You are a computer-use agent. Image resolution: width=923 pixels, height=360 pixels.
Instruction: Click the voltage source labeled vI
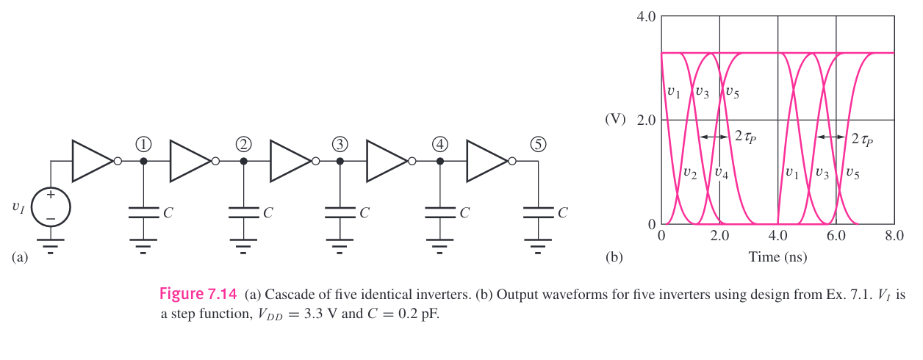click(50, 207)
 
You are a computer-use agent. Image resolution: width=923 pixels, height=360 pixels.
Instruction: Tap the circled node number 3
click(340, 143)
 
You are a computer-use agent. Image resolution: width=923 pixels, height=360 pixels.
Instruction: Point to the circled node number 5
click(539, 143)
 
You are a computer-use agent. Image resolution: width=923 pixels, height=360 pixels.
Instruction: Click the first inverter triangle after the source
click(92, 161)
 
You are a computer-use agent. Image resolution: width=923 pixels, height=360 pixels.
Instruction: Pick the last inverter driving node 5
click(486, 161)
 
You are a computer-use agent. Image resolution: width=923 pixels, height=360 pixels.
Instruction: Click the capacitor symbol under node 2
click(243, 212)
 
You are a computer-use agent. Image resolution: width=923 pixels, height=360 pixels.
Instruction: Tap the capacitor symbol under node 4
click(439, 212)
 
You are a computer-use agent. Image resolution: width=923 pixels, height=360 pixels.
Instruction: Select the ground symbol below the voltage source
click(50, 244)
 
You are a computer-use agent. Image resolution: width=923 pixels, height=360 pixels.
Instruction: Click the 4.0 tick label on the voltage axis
click(646, 15)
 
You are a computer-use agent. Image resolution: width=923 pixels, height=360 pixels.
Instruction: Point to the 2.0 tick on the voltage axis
click(646, 120)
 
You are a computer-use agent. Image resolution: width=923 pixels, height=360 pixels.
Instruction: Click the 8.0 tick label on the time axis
click(894, 236)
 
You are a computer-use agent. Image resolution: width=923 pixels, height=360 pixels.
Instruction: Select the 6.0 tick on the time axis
click(836, 236)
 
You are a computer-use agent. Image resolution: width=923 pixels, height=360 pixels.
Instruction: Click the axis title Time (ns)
click(776, 256)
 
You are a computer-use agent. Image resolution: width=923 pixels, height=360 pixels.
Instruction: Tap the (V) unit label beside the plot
click(615, 120)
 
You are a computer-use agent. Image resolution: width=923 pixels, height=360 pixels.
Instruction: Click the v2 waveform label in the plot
click(690, 173)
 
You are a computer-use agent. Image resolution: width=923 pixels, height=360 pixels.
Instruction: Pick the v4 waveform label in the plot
click(722, 173)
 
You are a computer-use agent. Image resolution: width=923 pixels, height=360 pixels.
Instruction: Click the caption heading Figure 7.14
click(198, 295)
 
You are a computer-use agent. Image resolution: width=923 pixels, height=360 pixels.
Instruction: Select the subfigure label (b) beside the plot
click(613, 257)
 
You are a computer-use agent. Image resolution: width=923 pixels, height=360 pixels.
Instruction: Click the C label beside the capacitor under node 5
click(562, 213)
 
